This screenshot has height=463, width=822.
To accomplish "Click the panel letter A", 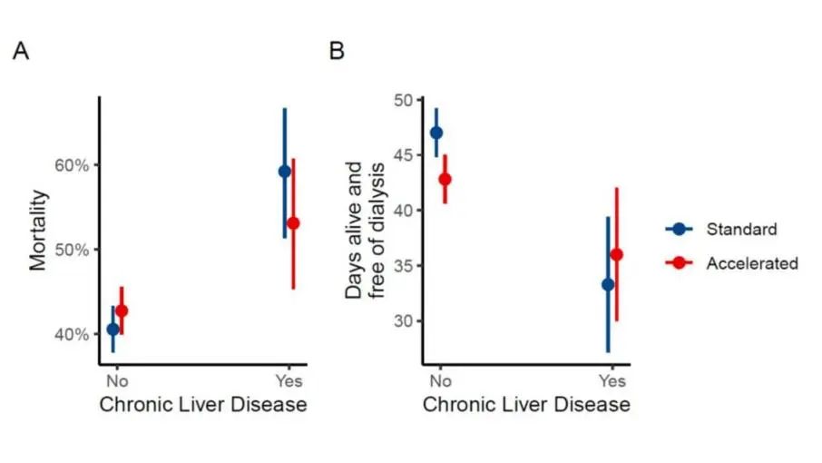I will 21,52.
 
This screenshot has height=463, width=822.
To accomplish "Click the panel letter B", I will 337,52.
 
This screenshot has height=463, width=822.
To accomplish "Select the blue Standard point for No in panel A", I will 113,330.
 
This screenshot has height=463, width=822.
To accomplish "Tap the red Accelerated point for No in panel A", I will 122,310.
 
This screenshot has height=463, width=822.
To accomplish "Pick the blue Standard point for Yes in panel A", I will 284,171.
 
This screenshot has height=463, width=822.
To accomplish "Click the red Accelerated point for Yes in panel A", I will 293,222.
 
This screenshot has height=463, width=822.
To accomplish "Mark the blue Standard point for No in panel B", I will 436,132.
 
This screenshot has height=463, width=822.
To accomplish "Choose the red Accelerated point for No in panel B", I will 445,179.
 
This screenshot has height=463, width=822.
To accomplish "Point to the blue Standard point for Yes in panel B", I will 608,284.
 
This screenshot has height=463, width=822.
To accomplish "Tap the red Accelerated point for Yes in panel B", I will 617,254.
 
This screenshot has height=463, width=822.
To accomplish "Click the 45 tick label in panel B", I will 402,155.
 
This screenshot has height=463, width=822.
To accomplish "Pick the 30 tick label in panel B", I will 402,321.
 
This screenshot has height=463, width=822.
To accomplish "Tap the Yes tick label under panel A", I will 289,380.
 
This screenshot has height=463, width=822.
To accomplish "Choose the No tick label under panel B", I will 440,380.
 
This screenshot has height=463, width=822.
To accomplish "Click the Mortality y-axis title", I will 38,231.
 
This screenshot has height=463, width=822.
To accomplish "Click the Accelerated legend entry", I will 752,263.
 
